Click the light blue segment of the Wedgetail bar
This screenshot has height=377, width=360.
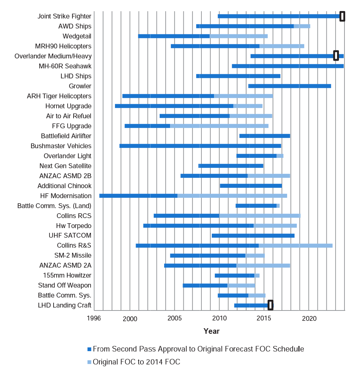point(238,36)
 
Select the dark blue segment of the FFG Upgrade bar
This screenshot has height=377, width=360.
point(147,126)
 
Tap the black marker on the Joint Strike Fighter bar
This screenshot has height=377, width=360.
point(342,16)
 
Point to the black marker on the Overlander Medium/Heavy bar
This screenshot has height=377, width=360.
point(336,56)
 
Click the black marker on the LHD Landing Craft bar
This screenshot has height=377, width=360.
point(271,305)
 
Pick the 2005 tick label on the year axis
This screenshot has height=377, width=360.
point(174,318)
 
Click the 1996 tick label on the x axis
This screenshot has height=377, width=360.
point(94,318)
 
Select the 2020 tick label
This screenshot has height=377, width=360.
point(309,319)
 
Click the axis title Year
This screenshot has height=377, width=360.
point(211,331)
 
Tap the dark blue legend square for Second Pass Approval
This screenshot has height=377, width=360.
point(89,349)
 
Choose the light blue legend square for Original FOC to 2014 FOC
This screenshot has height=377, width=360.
point(89,362)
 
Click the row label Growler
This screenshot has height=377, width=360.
point(80,86)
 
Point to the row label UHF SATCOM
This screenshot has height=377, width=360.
point(70,235)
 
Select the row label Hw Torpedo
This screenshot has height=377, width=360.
point(74,226)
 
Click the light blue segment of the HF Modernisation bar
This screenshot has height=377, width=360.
point(232,196)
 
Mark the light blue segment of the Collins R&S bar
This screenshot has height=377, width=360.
point(296,245)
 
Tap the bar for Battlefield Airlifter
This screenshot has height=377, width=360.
point(265,136)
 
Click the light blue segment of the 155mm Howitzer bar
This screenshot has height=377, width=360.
point(257,275)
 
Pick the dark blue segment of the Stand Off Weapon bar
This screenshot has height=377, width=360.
point(205,285)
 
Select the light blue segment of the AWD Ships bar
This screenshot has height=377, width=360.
point(302,26)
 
